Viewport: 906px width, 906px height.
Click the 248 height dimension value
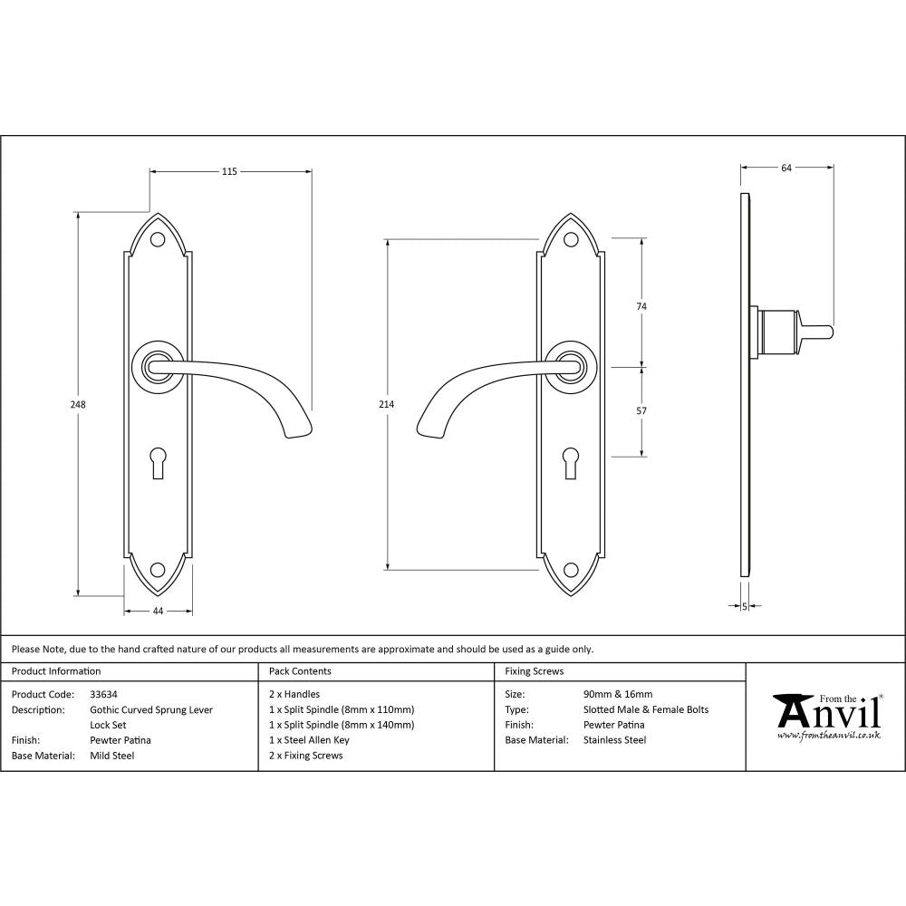pos(79,405)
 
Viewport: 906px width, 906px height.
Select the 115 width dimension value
pos(229,171)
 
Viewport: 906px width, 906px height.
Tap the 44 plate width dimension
pos(158,612)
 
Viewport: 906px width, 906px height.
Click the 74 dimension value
pos(641,306)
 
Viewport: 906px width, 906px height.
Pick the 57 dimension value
pos(641,411)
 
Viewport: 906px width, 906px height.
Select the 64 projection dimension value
pos(786,168)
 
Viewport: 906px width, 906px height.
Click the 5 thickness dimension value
pos(744,606)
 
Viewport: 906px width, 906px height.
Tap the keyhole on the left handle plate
pos(158,459)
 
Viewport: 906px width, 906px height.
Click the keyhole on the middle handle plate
pos(571,459)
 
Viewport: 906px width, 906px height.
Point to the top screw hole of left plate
pos(158,239)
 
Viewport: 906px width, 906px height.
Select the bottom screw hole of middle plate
pos(571,570)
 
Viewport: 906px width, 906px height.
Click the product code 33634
pos(104,695)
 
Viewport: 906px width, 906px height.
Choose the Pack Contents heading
pos(300,671)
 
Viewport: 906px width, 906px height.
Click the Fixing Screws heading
pos(535,671)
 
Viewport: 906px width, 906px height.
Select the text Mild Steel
pos(111,756)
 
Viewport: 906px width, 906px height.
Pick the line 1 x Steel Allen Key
pos(309,740)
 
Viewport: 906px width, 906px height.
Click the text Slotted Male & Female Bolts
pos(646,709)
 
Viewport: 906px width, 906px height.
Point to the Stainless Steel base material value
pos(615,740)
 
